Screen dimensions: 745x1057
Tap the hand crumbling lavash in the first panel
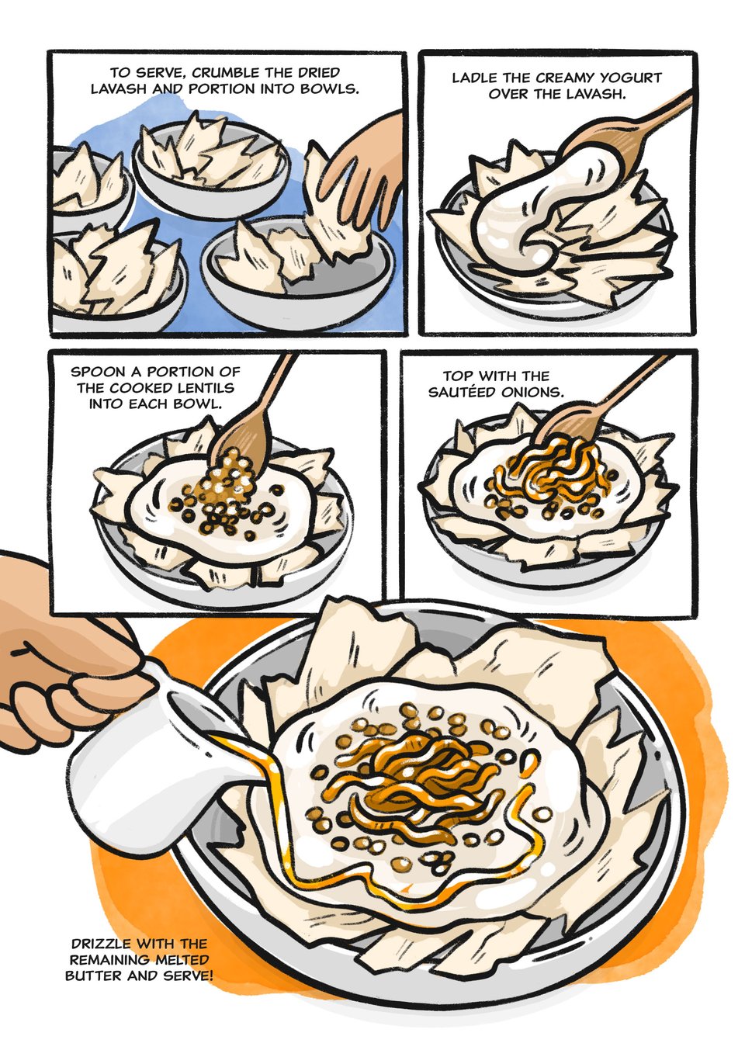pyautogui.click(x=359, y=179)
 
